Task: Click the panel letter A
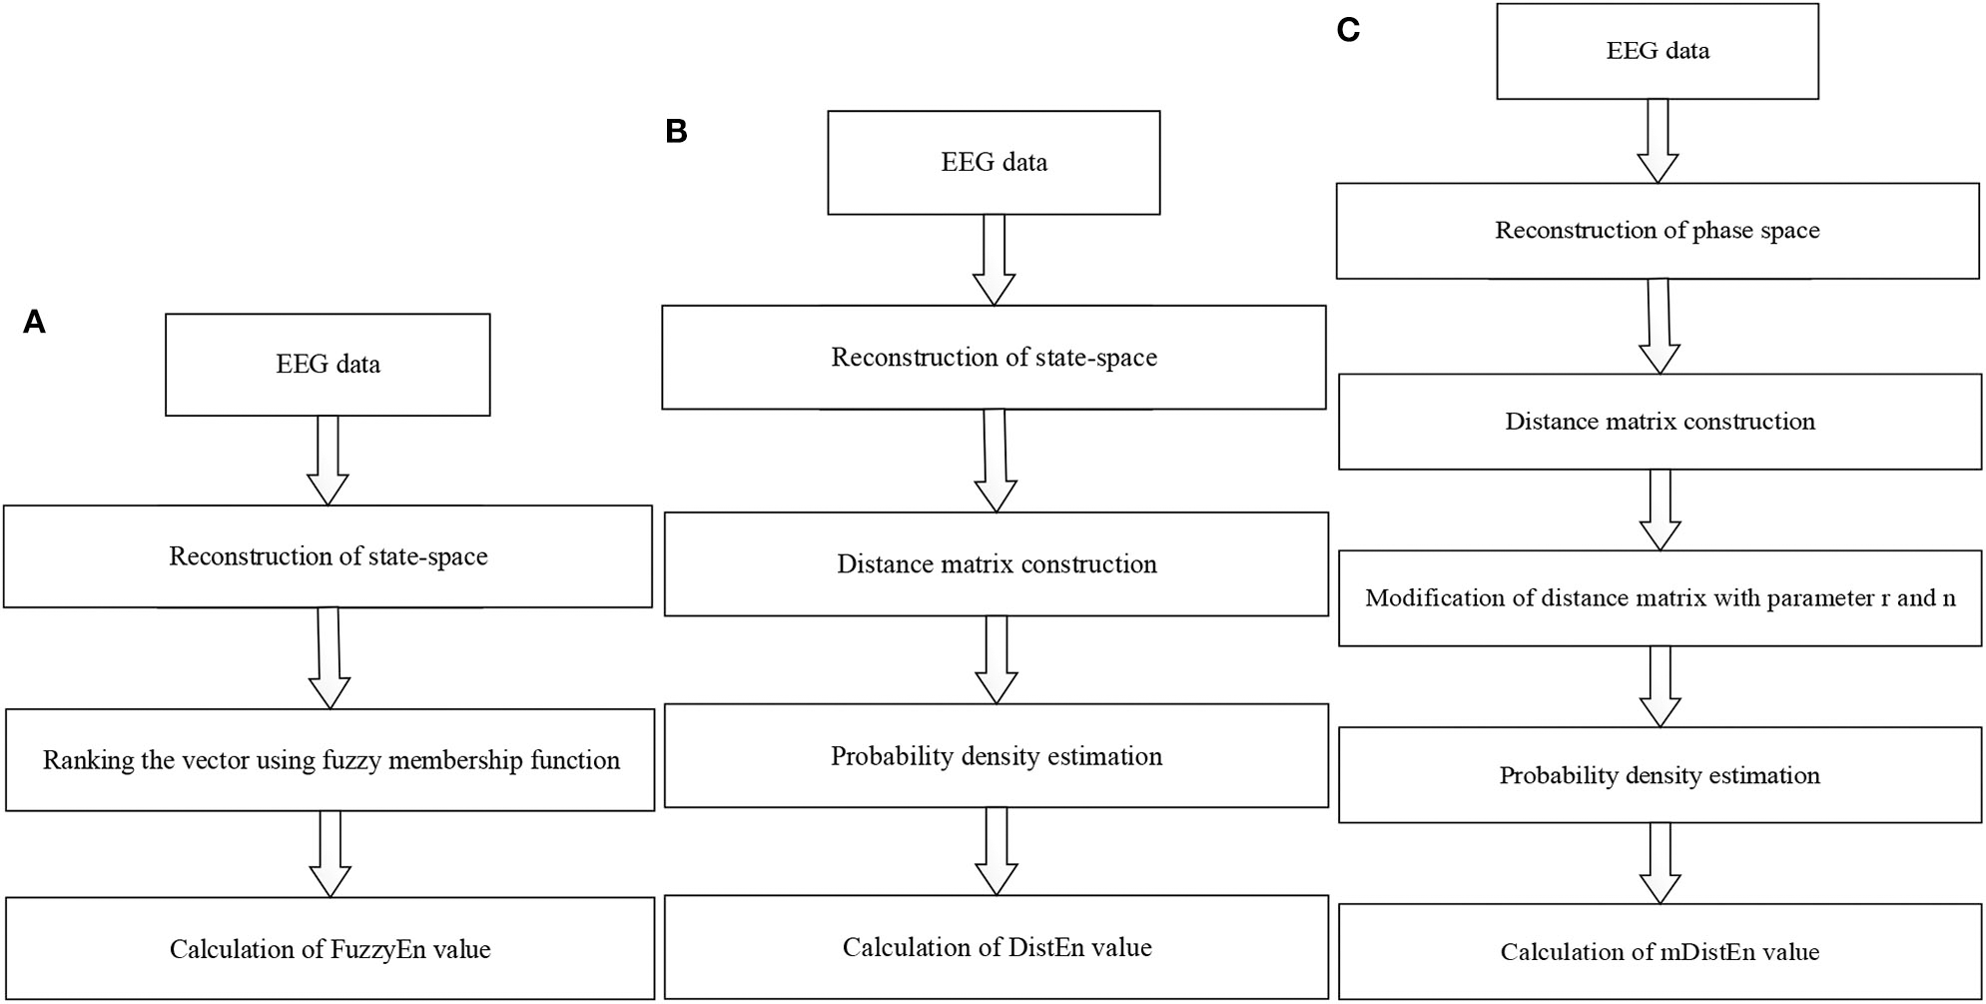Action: pyautogui.click(x=34, y=323)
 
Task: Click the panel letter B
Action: pyautogui.click(x=676, y=132)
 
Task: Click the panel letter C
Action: pyautogui.click(x=1348, y=31)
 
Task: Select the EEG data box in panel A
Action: pyautogui.click(x=328, y=365)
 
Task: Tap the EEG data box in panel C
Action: pyautogui.click(x=1657, y=52)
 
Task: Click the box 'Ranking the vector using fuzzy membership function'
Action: pyautogui.click(x=331, y=760)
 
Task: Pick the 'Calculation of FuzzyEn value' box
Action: pyautogui.click(x=331, y=949)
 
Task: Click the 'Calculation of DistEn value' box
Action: pyautogui.click(x=995, y=947)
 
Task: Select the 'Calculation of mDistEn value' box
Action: pyautogui.click(x=1659, y=952)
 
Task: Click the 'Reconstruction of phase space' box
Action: pyautogui.click(x=1657, y=231)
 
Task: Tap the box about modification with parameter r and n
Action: pyautogui.click(x=1659, y=598)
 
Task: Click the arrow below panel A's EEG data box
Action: pyautogui.click(x=328, y=460)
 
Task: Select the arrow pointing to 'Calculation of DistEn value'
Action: pyautogui.click(x=995, y=850)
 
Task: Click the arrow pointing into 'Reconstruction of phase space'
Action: pyautogui.click(x=1657, y=141)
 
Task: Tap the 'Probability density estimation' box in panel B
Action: pyautogui.click(x=995, y=756)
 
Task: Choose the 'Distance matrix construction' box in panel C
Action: pyautogui.click(x=1659, y=422)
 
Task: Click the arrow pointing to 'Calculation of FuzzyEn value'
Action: pyautogui.click(x=330, y=853)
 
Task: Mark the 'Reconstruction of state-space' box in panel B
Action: pyautogui.click(x=993, y=358)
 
